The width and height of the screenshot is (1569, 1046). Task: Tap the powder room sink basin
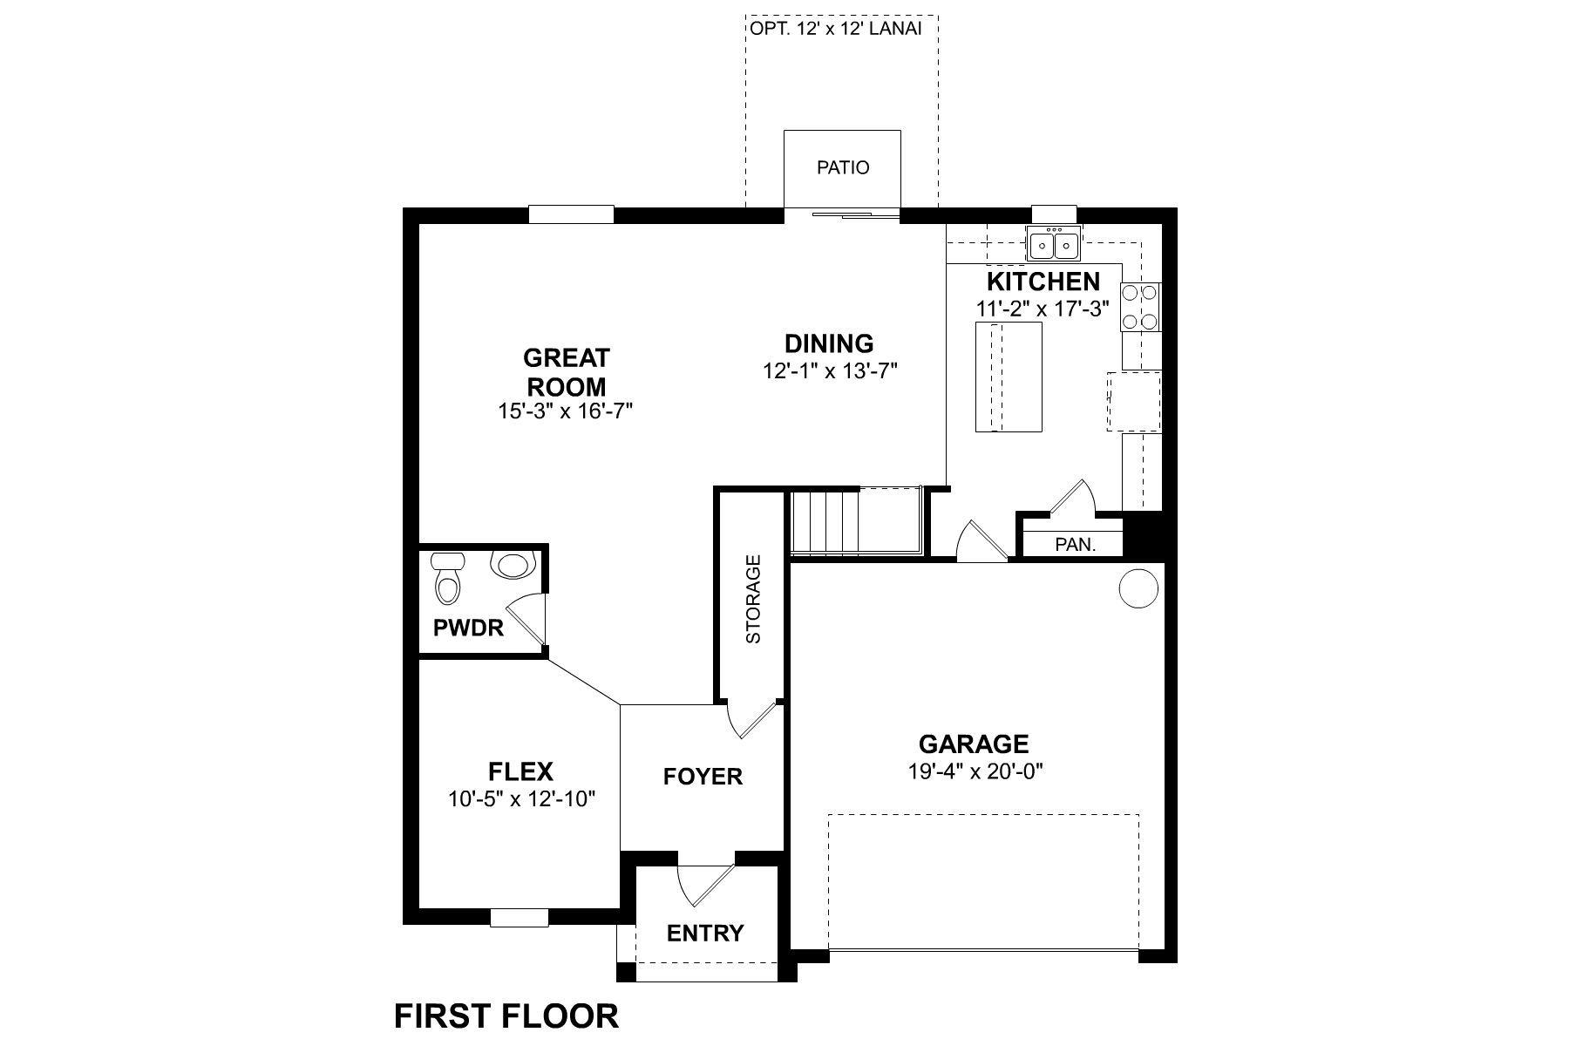(513, 565)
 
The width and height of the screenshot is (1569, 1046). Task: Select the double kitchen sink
(1054, 244)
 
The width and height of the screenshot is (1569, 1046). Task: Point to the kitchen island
(1009, 377)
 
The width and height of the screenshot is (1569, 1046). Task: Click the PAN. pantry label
(1075, 545)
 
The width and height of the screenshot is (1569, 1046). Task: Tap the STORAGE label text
(754, 599)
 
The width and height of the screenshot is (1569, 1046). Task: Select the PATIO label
(843, 167)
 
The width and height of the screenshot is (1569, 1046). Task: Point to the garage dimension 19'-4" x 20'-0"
(974, 771)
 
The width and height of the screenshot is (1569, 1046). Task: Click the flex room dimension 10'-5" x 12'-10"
(521, 798)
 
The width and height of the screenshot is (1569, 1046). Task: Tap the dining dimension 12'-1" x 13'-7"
(830, 370)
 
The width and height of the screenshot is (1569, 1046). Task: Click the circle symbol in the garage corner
(1138, 588)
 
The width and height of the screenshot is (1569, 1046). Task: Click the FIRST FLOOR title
(506, 1016)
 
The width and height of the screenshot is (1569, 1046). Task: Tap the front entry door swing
(702, 885)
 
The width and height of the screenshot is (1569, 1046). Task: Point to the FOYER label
(703, 776)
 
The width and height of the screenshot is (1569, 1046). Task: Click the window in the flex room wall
(519, 917)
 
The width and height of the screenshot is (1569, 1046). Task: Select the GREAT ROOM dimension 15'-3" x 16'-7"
(565, 411)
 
